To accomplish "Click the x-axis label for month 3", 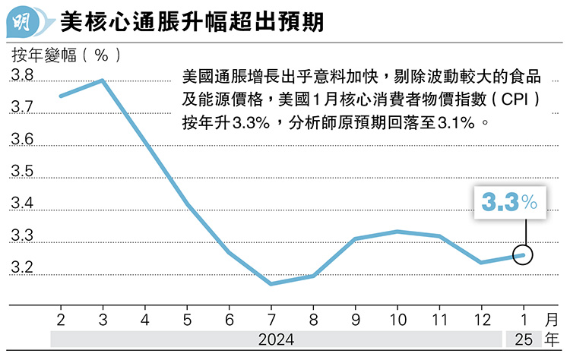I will point(103,317).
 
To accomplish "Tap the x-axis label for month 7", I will point(272,317).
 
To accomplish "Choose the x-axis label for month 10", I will point(398,317).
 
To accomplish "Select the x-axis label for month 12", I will point(482,317).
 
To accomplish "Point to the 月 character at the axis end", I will point(553,317).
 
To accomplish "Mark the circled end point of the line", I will point(524,255).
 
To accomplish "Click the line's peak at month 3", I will point(103,80).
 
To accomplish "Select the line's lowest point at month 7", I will point(272,284).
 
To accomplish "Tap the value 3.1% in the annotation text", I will point(460,122).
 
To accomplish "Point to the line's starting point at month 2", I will point(62,96).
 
